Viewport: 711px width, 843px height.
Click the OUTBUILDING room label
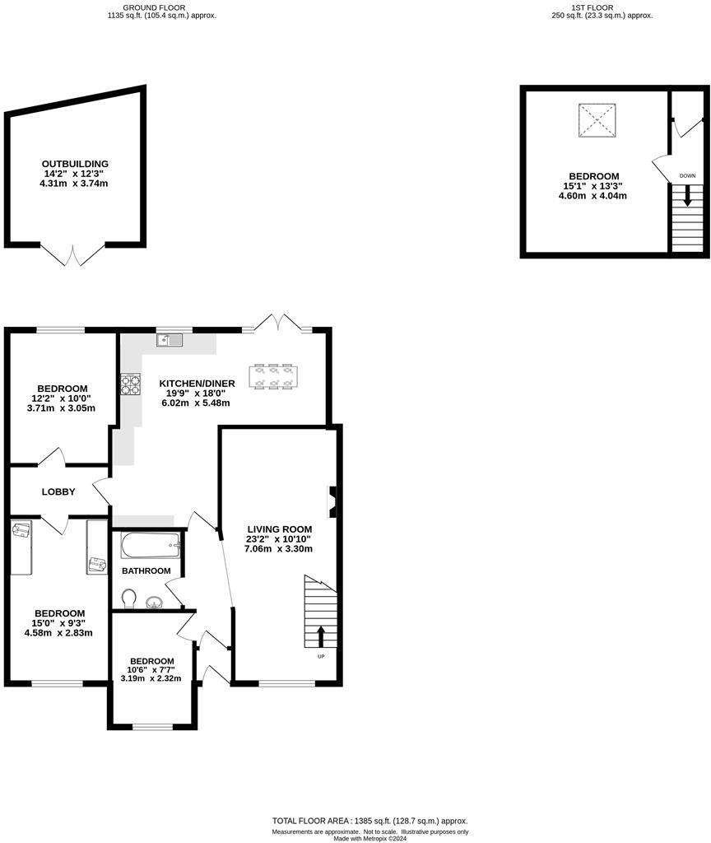pyautogui.click(x=76, y=164)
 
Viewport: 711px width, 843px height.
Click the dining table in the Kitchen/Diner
pyautogui.click(x=272, y=375)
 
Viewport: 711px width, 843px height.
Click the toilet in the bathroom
pyautogui.click(x=129, y=596)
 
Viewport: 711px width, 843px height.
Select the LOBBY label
pyautogui.click(x=58, y=492)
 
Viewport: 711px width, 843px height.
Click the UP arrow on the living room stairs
pyautogui.click(x=321, y=635)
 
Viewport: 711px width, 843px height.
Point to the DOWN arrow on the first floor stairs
pyautogui.click(x=687, y=198)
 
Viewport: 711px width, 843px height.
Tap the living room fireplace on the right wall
pyautogui.click(x=333, y=501)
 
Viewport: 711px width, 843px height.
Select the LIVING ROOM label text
pyautogui.click(x=280, y=529)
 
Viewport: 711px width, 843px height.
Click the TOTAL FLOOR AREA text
pyautogui.click(x=369, y=821)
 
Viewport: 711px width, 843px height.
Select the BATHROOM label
pyautogui.click(x=146, y=571)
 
